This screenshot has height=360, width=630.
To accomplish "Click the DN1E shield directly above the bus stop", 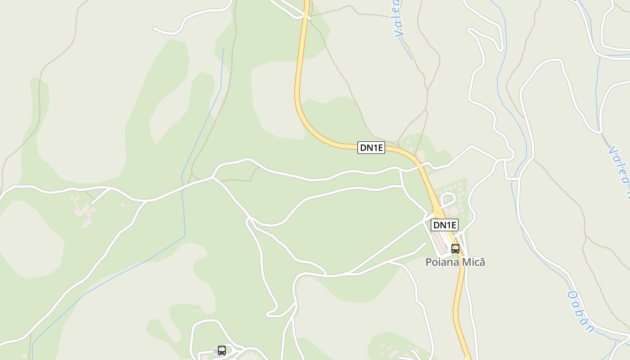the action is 444,225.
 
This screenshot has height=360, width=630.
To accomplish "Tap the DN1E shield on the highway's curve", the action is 371,148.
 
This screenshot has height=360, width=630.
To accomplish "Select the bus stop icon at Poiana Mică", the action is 455,248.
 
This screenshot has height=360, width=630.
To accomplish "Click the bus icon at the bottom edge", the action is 222,350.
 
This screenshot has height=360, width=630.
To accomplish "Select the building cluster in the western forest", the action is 83,211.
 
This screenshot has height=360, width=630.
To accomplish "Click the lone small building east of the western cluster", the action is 122,205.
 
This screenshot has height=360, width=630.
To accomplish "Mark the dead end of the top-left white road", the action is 153,28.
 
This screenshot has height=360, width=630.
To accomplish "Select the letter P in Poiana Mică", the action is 429,262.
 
